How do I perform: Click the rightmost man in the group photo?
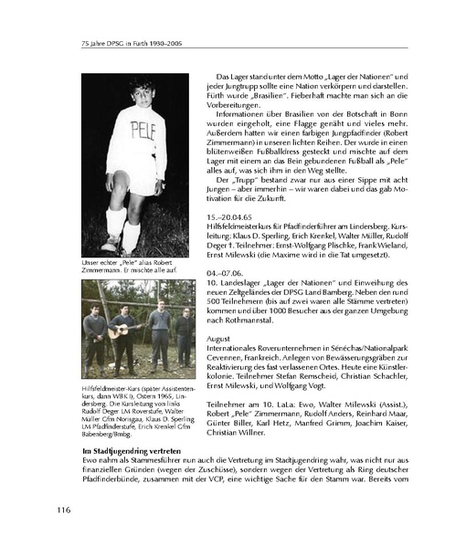pos(184,331)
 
